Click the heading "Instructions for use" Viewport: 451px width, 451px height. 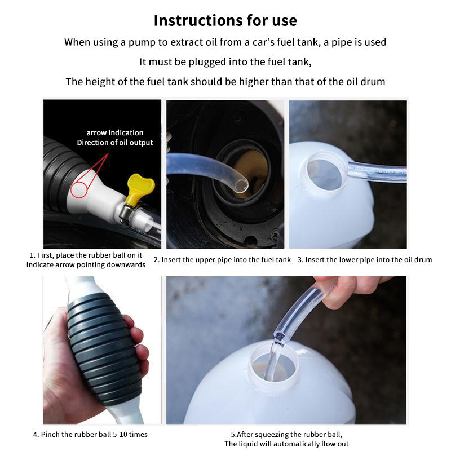[x=225, y=20]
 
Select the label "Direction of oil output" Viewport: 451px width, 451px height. [x=115, y=143]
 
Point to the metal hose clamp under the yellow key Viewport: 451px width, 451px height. [x=126, y=213]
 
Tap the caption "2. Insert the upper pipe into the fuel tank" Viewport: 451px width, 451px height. [x=222, y=260]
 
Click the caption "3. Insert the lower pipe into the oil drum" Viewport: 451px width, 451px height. [x=365, y=260]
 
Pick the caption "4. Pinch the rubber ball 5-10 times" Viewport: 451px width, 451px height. [x=90, y=434]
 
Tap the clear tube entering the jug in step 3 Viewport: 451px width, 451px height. [x=377, y=172]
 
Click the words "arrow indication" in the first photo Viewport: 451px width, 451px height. [x=115, y=133]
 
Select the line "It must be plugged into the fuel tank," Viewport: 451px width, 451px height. [x=225, y=62]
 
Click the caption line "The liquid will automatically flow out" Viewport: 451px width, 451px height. [x=286, y=444]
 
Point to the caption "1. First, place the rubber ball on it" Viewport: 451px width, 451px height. [x=86, y=255]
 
